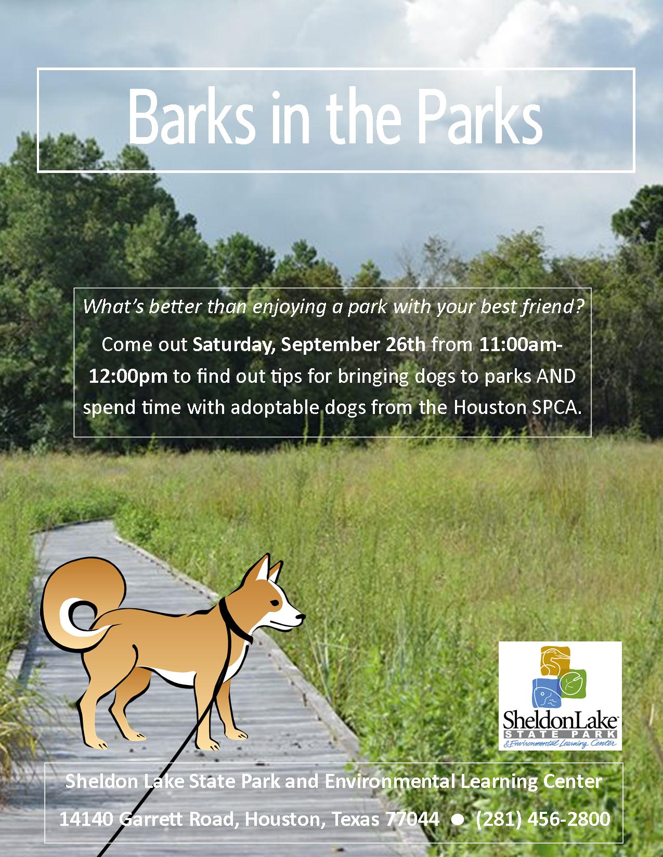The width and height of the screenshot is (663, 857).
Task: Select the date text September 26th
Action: pos(353,345)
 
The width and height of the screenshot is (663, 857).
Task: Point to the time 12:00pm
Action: pos(128,376)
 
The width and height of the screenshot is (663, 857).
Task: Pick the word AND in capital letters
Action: pos(556,376)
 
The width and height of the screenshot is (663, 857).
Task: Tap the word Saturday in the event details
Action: pos(233,345)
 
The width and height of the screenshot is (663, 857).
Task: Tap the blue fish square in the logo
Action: pos(547,692)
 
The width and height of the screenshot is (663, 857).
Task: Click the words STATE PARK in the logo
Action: pos(561,734)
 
